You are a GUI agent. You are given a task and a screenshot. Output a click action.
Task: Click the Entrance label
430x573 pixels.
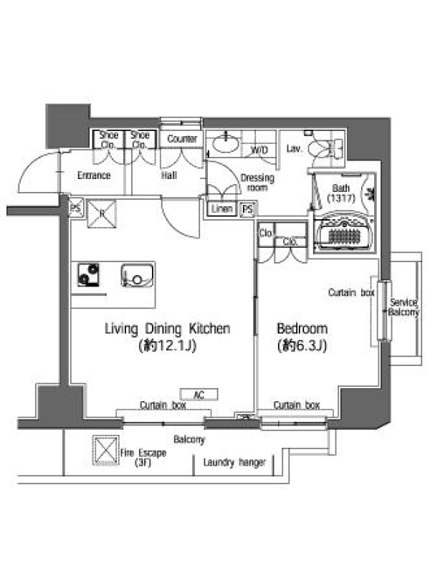tap(94, 175)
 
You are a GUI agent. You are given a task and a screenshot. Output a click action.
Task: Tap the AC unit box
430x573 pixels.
tap(199, 395)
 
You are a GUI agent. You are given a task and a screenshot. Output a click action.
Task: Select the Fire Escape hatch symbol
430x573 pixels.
tap(105, 451)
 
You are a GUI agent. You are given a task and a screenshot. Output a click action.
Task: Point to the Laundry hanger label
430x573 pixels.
tap(234, 463)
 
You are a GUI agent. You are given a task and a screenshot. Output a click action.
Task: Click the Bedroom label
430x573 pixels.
tap(302, 329)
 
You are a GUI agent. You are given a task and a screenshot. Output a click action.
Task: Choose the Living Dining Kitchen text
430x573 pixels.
tap(168, 329)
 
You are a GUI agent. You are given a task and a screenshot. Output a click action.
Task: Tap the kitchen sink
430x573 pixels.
tap(138, 275)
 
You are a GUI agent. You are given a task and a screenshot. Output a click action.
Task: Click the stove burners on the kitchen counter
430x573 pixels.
tap(88, 274)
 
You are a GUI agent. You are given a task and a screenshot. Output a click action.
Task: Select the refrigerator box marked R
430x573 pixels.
tap(102, 213)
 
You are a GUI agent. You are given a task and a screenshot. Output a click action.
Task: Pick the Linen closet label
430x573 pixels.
tap(221, 209)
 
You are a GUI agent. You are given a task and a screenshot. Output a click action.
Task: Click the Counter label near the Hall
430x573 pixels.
tap(182, 138)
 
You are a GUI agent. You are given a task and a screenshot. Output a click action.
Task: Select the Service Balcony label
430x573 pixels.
tap(403, 307)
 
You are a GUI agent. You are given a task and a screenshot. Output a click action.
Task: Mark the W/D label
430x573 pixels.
tap(259, 150)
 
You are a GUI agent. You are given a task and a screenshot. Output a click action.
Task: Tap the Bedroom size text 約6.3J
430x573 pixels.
tap(302, 345)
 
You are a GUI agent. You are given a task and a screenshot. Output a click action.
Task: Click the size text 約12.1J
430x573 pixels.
tap(168, 345)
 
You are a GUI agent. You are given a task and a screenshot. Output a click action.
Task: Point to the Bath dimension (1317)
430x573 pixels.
tap(341, 198)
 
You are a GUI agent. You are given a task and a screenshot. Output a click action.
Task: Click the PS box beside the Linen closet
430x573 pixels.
tap(248, 209)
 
